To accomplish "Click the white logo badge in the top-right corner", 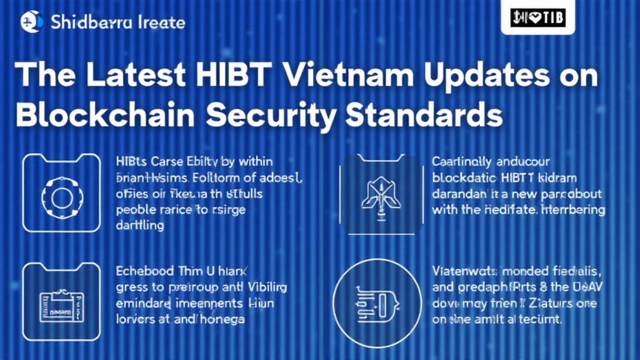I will point(534,17).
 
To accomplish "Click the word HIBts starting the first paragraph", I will point(132,162).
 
